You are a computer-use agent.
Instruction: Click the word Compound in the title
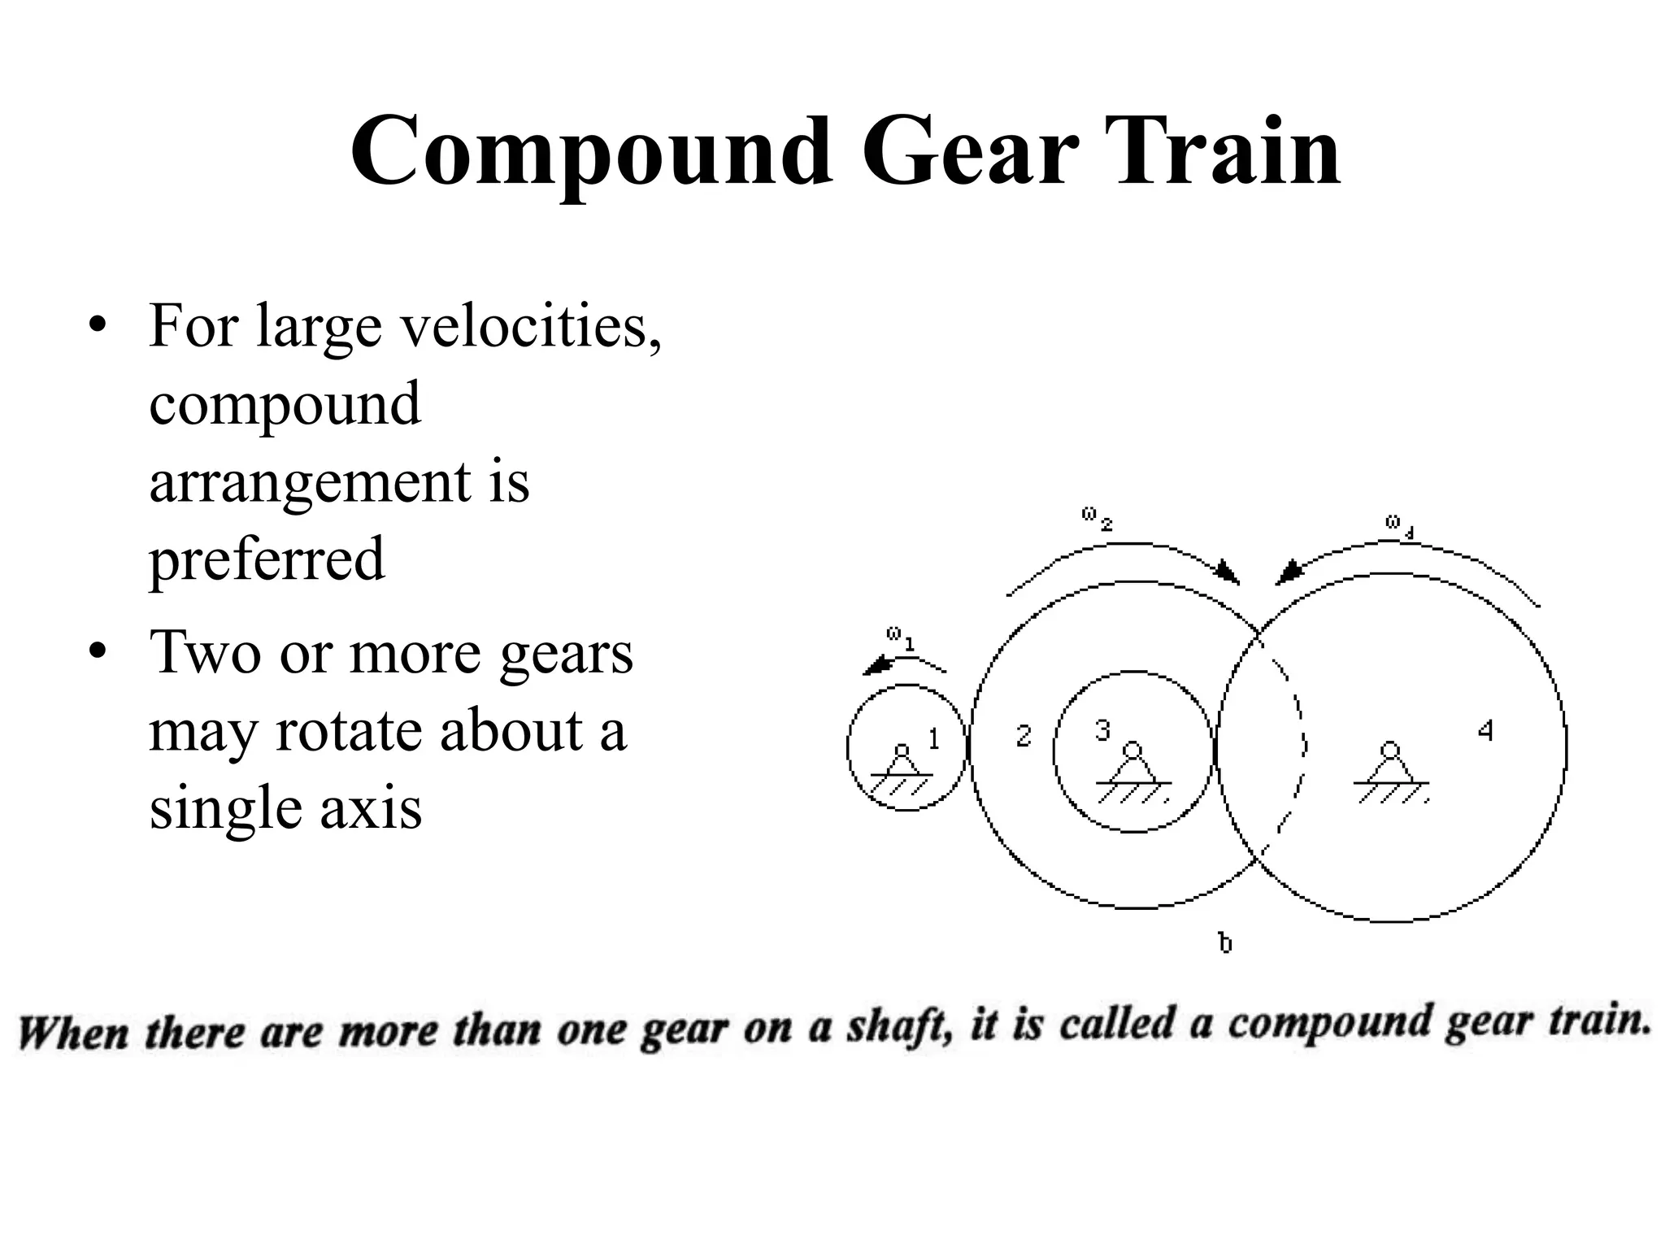pyautogui.click(x=592, y=153)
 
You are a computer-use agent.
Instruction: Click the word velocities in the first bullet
pyautogui.click(x=530, y=324)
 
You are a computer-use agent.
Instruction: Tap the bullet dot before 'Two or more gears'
pyautogui.click(x=98, y=653)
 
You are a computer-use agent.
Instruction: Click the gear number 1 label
pyautogui.click(x=934, y=738)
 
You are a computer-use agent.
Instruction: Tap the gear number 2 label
pyautogui.click(x=1024, y=736)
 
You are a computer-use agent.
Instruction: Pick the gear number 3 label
pyautogui.click(x=1102, y=731)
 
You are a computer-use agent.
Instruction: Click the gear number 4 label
pyautogui.click(x=1485, y=731)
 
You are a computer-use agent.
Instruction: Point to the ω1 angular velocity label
pyautogui.click(x=900, y=638)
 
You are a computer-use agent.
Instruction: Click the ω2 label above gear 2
pyautogui.click(x=1097, y=519)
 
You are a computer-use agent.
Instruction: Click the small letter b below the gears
pyautogui.click(x=1225, y=943)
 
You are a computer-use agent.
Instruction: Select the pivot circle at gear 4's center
pyautogui.click(x=1390, y=749)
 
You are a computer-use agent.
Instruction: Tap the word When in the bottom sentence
pyautogui.click(x=73, y=1034)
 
